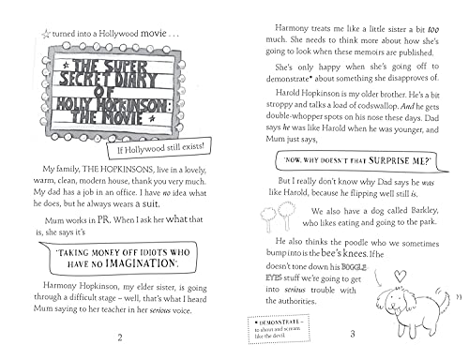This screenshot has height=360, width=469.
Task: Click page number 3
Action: pyautogui.click(x=349, y=335)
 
